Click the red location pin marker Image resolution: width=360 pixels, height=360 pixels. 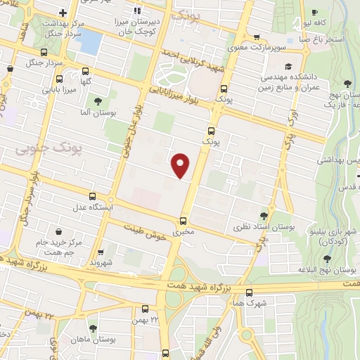click(181, 165)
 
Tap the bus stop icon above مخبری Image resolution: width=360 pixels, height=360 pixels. click(184, 220)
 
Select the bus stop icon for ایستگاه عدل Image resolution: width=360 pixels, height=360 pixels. click(93, 196)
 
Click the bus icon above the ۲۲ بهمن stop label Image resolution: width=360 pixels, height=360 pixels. click(146, 309)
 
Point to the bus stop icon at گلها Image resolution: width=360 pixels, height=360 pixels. click(86, 72)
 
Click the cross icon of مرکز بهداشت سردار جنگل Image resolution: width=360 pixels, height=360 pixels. click(63, 13)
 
